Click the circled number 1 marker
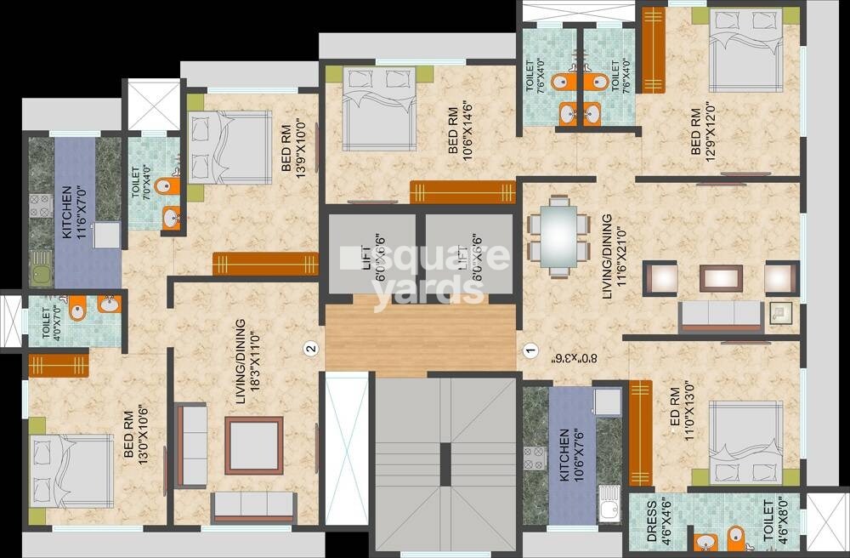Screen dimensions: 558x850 pyautogui.click(x=529, y=349)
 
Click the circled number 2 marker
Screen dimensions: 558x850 pyautogui.click(x=311, y=347)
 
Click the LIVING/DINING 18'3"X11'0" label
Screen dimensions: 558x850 pyautogui.click(x=246, y=362)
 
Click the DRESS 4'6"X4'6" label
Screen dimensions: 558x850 pyautogui.click(x=648, y=520)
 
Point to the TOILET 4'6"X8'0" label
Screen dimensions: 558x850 pyautogui.click(x=774, y=520)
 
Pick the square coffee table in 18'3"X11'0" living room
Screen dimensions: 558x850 pyautogui.click(x=253, y=445)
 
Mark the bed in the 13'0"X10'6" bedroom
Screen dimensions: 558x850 pyautogui.click(x=71, y=471)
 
